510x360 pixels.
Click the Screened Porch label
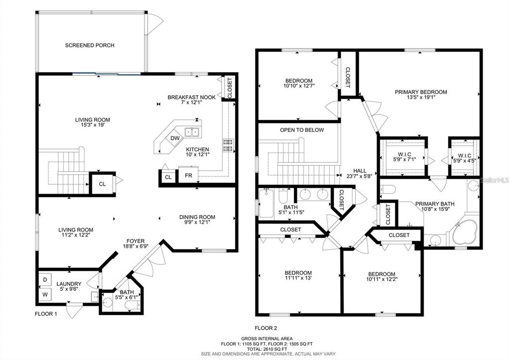coord(90,45)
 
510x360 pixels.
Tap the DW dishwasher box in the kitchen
coord(175,138)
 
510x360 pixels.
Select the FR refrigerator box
coord(188,175)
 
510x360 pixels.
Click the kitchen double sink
coord(192,132)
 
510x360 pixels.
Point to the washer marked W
coord(45,295)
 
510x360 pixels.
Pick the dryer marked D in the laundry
coord(45,280)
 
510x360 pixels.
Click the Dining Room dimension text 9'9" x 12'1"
coord(197,223)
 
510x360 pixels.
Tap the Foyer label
coord(135,241)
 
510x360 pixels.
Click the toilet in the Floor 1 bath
coord(132,305)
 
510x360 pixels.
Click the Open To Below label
coord(302,130)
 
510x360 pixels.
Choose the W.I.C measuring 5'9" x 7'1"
coord(404,157)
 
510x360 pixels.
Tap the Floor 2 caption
coord(265,328)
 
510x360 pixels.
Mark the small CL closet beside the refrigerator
coord(168,177)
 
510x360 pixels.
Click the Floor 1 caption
coord(46,314)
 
